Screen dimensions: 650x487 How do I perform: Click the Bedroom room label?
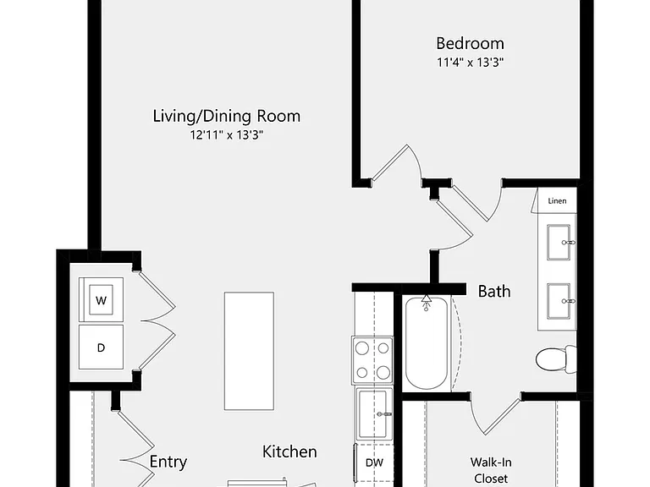point(470,43)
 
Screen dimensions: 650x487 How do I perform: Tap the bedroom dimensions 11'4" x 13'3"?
point(470,63)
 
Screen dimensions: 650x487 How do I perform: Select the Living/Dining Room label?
point(226,116)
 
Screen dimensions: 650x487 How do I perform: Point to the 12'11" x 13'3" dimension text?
point(227,135)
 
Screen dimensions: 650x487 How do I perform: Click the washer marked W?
point(102,300)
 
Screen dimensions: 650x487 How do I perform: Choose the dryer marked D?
point(102,347)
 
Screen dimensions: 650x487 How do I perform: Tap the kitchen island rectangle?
point(249,351)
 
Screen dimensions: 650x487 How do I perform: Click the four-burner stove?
point(372,360)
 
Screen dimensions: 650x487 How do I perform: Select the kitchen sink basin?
point(375,414)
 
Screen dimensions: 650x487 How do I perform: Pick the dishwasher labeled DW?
point(374,463)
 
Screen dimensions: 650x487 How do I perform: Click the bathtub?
point(427,343)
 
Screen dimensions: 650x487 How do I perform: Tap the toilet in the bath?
point(556,359)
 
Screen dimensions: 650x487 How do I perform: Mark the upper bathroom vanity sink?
point(559,243)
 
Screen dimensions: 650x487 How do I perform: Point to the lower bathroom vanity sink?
point(559,301)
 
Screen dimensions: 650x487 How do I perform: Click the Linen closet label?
point(557,201)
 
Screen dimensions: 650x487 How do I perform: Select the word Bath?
point(494,292)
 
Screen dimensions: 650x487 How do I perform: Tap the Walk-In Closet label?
point(491,470)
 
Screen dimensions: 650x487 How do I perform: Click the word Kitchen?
point(289,451)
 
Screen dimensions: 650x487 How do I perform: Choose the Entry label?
point(168,462)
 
